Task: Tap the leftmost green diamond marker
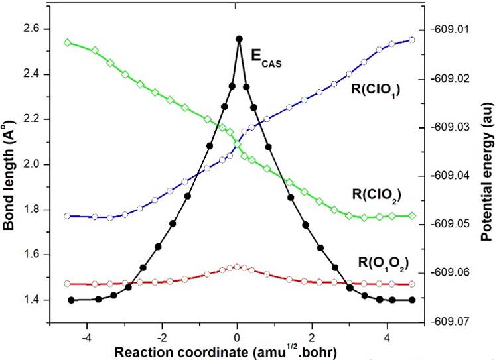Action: pyautogui.click(x=68, y=42)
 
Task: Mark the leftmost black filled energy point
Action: pyautogui.click(x=71, y=300)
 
